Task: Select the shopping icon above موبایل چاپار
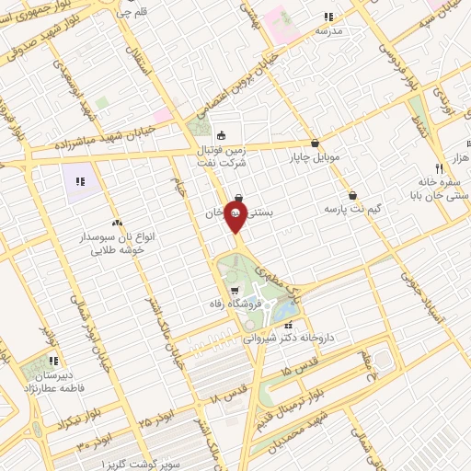316,143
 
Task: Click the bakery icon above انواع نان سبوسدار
117,223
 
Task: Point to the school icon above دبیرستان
52,360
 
